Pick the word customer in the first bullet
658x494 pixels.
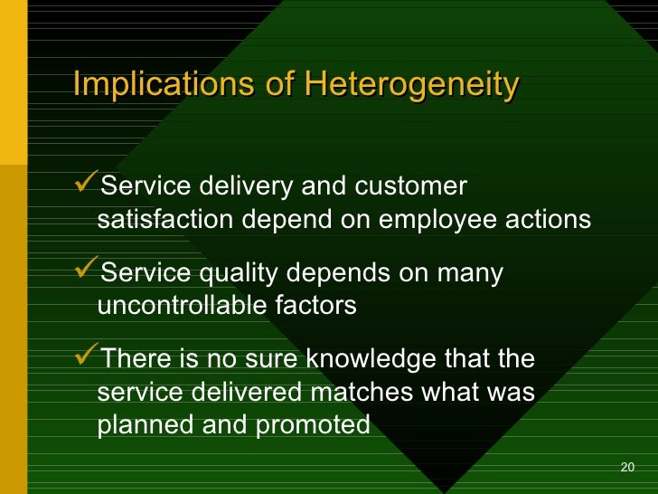click(x=410, y=186)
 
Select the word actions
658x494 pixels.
click(x=549, y=219)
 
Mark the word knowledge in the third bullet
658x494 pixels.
click(x=371, y=359)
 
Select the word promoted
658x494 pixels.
click(x=313, y=425)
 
